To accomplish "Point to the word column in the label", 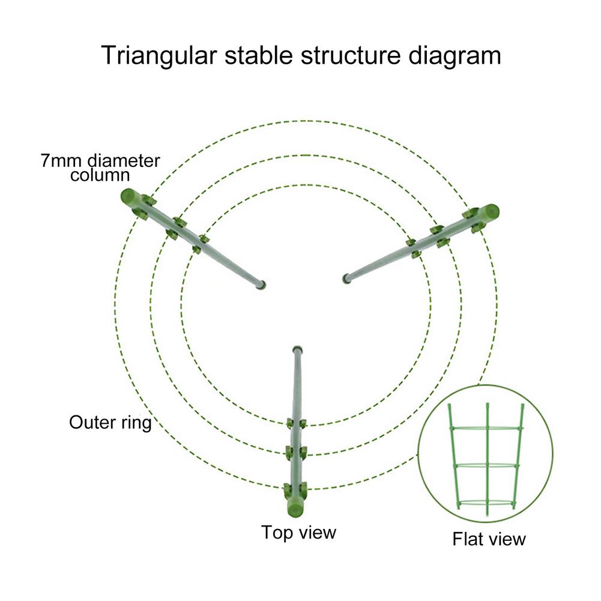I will pos(100,176).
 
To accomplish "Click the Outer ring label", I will pos(110,422).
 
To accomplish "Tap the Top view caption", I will pos(298,532).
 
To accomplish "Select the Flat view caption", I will pos(489,539).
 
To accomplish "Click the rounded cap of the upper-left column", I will pos(128,196).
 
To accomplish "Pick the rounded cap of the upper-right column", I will pos(491,212).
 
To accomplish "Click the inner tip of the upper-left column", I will pos(259,284).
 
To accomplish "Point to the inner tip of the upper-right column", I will pos(346,278).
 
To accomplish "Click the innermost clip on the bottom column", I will pos(296,424).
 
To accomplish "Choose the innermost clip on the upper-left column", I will pos(200,243).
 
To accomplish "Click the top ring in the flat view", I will pos(487,428).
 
